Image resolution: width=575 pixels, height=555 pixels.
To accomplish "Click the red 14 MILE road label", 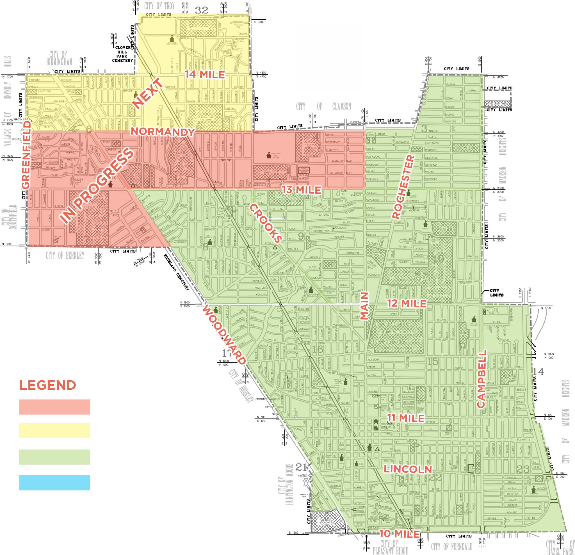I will pyautogui.click(x=205, y=74).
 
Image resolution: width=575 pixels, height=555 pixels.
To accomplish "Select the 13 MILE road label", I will pyautogui.click(x=301, y=190).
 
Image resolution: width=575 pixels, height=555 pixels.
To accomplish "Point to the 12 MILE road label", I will pyautogui.click(x=407, y=303).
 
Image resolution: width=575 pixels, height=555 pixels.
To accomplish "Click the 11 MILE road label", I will pyautogui.click(x=406, y=418).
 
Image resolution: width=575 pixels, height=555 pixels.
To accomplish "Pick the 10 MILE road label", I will pyautogui.click(x=399, y=534).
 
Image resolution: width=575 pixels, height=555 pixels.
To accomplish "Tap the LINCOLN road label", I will pyautogui.click(x=408, y=469).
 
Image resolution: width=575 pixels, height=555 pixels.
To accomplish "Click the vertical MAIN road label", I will pyautogui.click(x=364, y=306).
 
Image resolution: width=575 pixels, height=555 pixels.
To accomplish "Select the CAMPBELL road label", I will pyautogui.click(x=482, y=378).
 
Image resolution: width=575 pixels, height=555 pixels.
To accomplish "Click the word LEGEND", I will pyautogui.click(x=48, y=385).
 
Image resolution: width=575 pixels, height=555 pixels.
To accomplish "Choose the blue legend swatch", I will pyautogui.click(x=54, y=483).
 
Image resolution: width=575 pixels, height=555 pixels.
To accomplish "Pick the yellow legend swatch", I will pyautogui.click(x=54, y=430).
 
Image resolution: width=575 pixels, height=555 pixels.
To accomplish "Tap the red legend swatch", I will pyautogui.click(x=54, y=407).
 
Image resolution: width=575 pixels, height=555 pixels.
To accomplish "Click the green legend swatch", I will pyautogui.click(x=54, y=457).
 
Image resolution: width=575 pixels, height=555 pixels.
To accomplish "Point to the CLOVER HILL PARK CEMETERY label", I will pyautogui.click(x=122, y=54).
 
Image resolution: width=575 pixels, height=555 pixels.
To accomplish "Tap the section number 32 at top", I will pyautogui.click(x=202, y=10).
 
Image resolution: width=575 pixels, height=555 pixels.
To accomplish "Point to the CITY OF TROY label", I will pyautogui.click(x=159, y=6).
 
